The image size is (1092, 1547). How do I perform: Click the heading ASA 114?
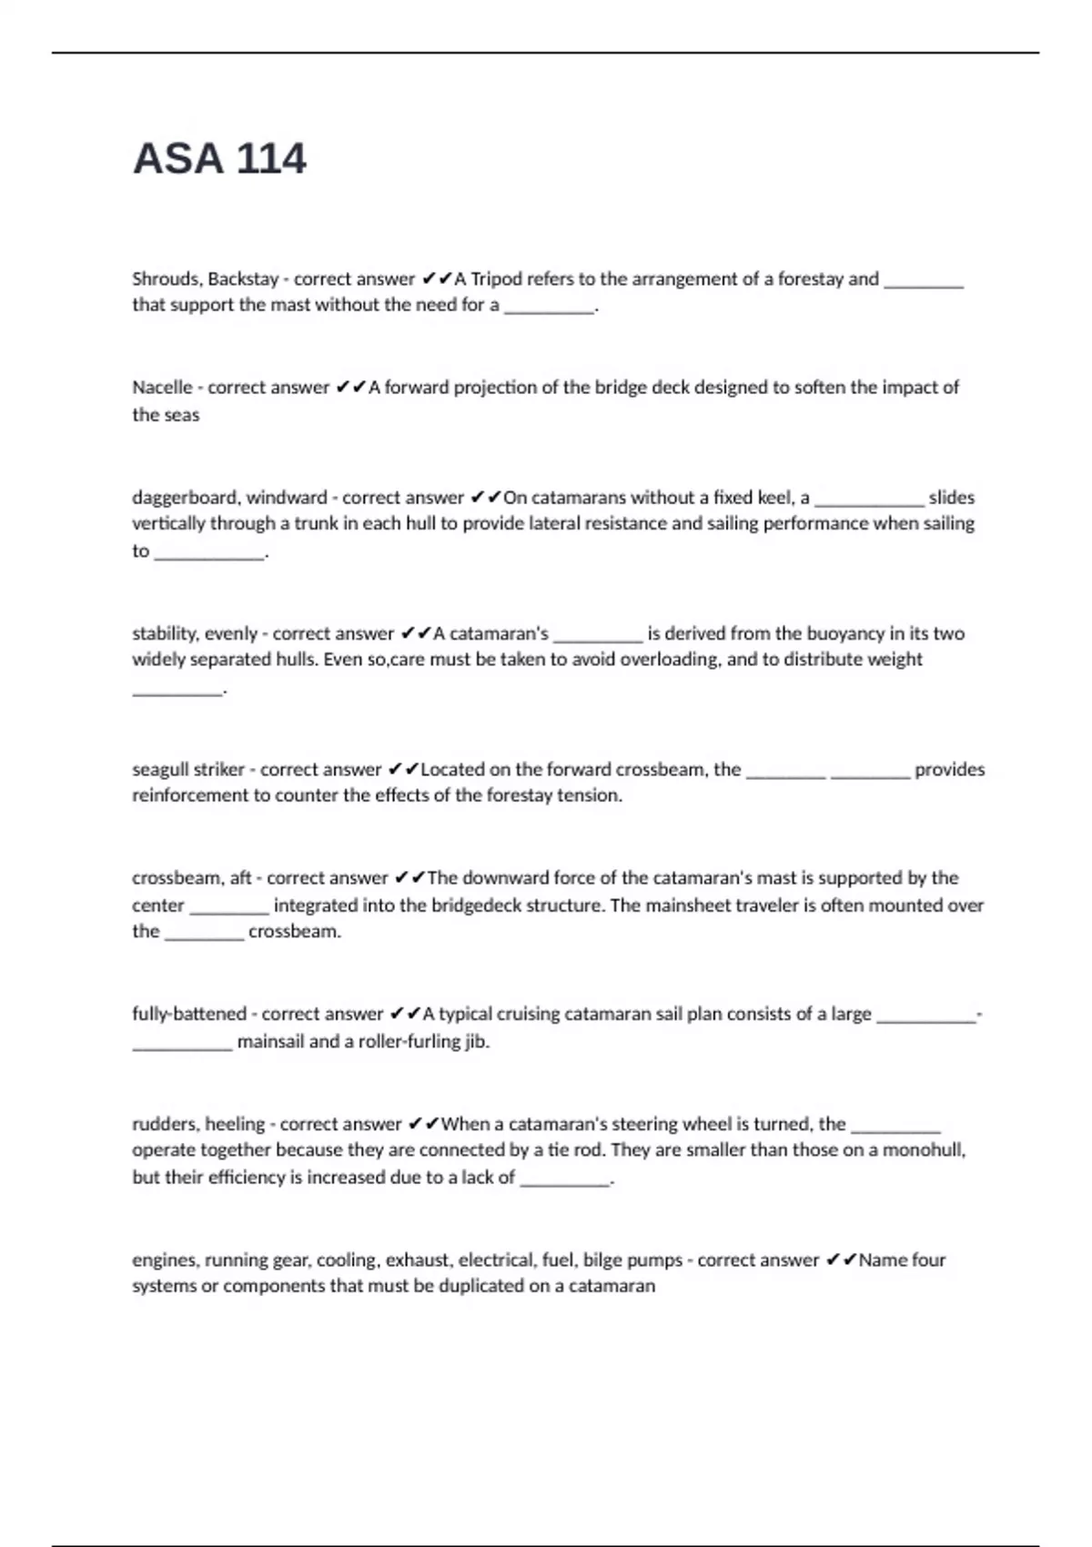pyautogui.click(x=219, y=159)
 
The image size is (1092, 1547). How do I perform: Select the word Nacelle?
pyautogui.click(x=162, y=388)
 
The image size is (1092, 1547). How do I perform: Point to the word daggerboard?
pyautogui.click(x=185, y=498)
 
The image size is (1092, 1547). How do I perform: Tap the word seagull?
pyautogui.click(x=161, y=770)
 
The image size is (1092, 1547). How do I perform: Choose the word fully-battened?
pyautogui.click(x=189, y=1014)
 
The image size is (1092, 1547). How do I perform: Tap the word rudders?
pyautogui.click(x=167, y=1124)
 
